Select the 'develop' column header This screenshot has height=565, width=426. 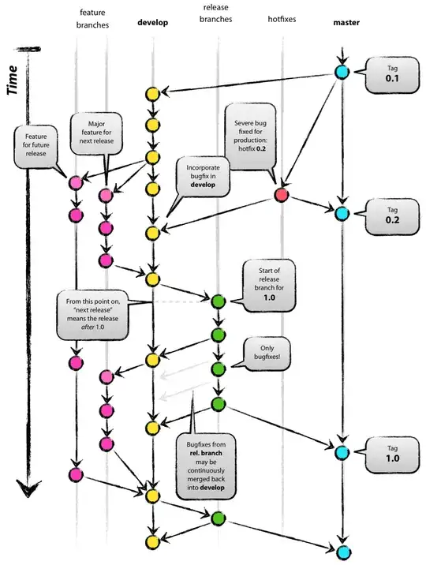(153, 23)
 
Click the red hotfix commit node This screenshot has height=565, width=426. (281, 194)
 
